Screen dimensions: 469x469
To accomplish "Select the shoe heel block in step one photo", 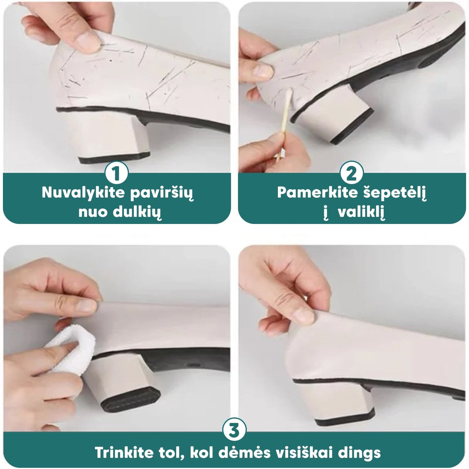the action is (x=114, y=141).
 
